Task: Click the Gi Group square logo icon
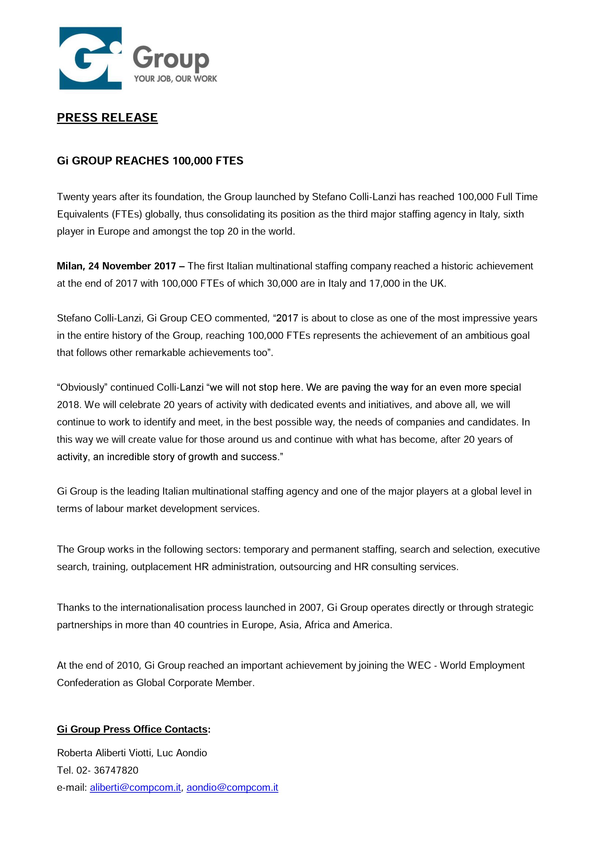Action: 90,58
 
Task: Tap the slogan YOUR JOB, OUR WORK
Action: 175,78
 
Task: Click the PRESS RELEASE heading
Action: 107,117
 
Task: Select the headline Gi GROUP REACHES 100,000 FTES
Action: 150,161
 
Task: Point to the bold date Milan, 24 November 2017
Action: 116,266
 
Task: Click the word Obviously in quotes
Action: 82,387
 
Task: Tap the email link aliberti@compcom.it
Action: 135,787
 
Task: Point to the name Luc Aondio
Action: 182,753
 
